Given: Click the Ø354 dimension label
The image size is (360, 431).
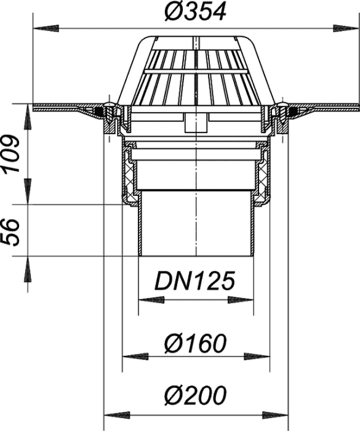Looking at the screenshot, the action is click(x=195, y=12).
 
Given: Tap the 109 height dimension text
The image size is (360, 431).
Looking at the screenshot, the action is click(x=11, y=153).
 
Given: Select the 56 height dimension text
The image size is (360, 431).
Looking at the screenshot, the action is click(x=11, y=232).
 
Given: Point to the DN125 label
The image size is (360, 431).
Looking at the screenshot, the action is click(x=196, y=281).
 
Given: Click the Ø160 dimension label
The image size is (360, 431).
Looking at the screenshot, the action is click(x=196, y=344).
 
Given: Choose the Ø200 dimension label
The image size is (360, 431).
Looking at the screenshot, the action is click(x=196, y=395).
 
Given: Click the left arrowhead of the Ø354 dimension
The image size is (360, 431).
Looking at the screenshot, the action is click(x=46, y=28).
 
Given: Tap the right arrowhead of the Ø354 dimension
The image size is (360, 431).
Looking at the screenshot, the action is click(x=346, y=28).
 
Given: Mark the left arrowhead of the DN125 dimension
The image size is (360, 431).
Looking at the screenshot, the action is click(x=151, y=300).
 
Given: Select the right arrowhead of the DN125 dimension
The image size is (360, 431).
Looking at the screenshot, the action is click(x=241, y=300).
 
